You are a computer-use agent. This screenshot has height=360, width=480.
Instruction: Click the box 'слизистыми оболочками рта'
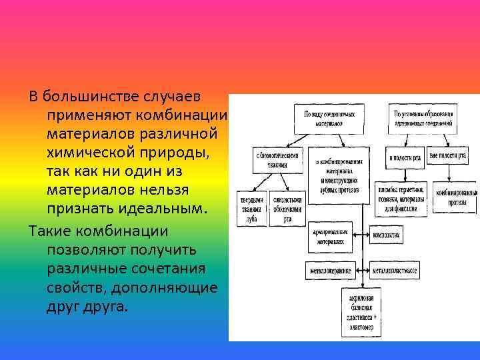[287, 209]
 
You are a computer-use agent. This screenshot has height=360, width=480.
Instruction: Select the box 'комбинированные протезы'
[457, 196]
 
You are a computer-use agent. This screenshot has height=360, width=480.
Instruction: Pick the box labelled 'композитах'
[387, 235]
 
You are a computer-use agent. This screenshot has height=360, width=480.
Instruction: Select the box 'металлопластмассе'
[395, 270]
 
